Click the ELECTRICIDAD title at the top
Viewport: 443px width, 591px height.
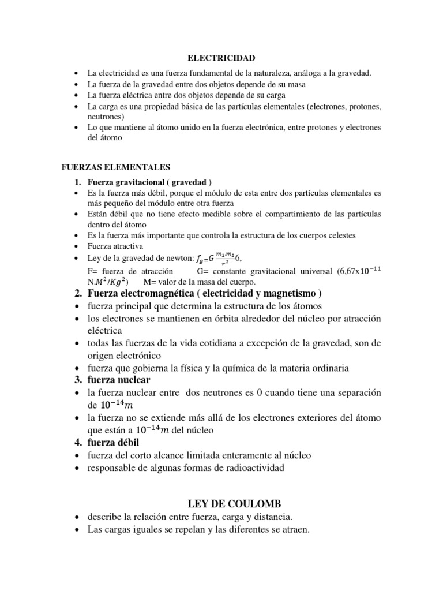click(221, 58)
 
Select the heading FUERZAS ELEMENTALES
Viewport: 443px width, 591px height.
click(115, 167)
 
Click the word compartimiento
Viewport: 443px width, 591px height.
click(263, 214)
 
